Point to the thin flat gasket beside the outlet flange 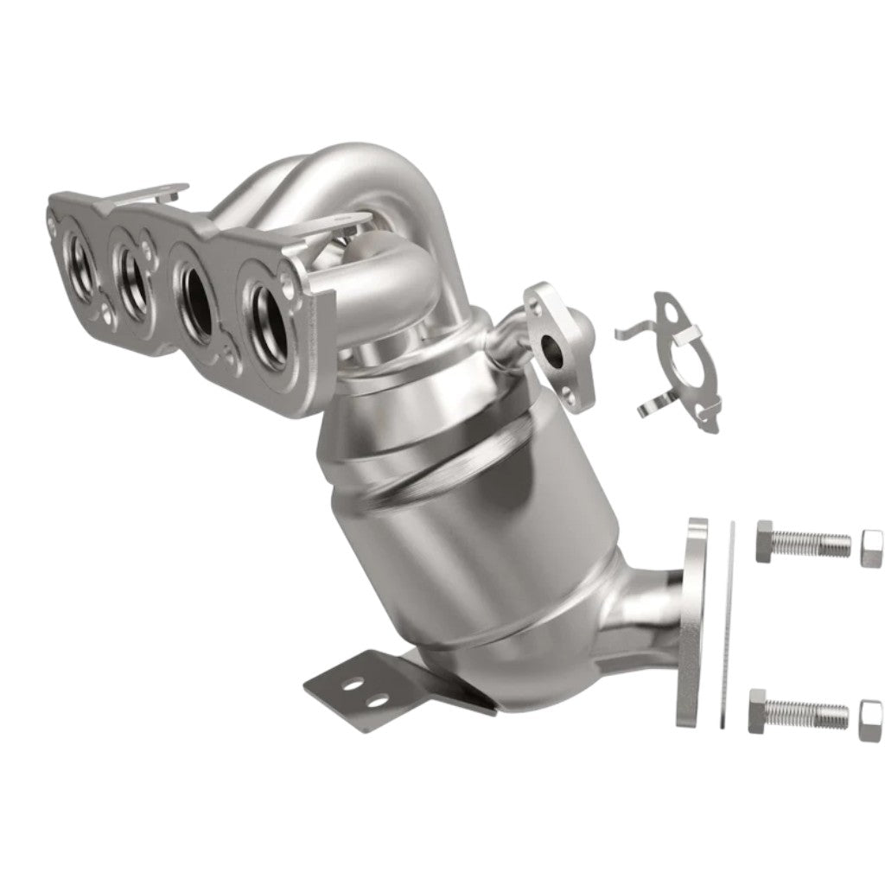728,622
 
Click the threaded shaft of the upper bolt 816,544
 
